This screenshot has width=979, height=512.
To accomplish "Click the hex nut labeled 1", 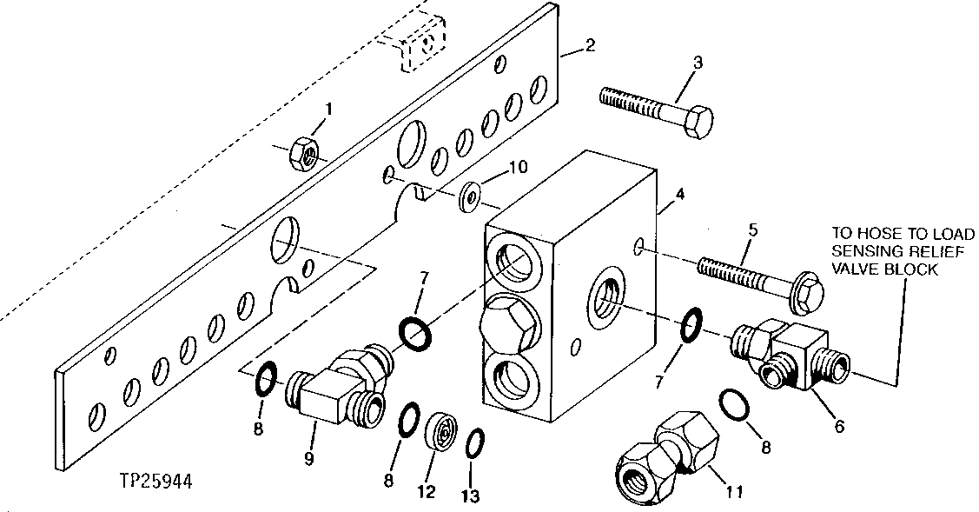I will point(305,154).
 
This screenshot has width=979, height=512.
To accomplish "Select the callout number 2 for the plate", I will point(590,45).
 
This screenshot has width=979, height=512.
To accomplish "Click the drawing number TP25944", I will point(158,480).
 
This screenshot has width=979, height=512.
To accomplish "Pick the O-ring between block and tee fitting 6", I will point(690,324).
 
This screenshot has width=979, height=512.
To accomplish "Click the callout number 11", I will point(734,493).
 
